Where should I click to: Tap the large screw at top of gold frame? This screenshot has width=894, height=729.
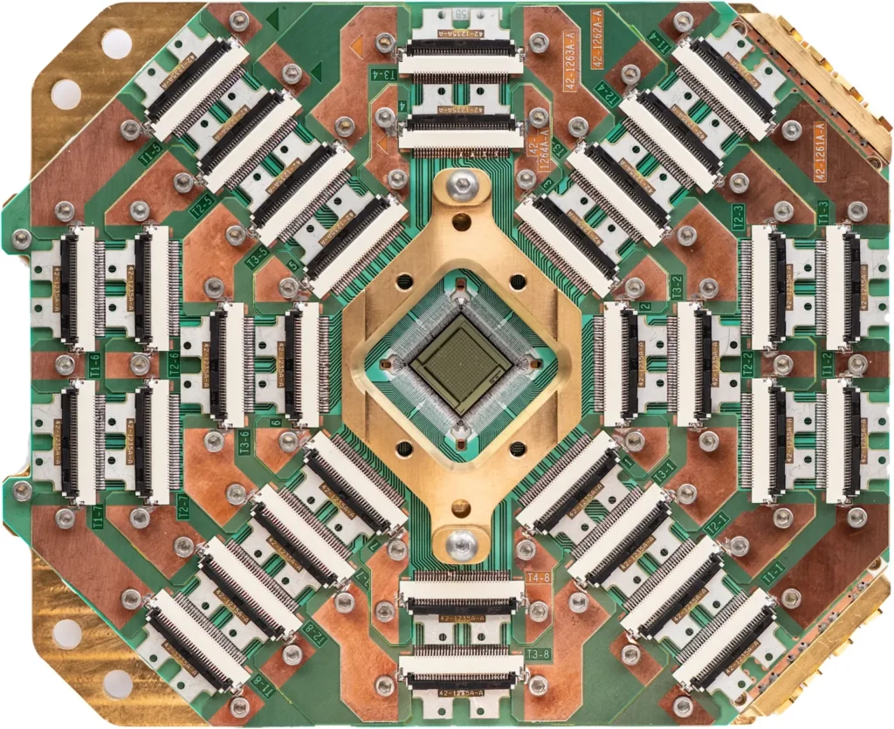[x=461, y=184]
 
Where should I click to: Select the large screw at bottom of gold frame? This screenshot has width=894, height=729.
[x=460, y=544]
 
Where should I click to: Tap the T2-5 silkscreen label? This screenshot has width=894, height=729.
[x=203, y=203]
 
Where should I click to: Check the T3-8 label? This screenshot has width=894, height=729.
[x=539, y=654]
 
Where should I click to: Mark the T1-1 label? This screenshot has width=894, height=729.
[x=771, y=574]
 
